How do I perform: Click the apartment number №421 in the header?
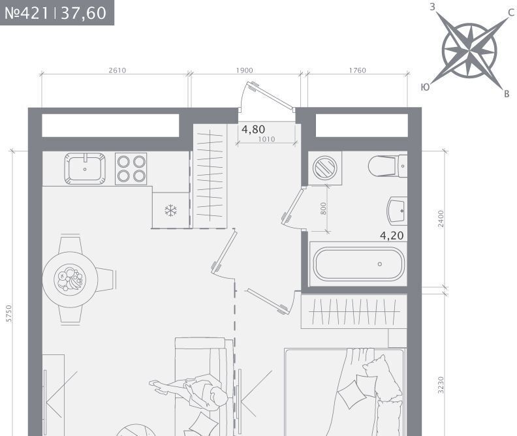[x=27, y=13]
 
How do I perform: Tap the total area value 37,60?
[x=84, y=13]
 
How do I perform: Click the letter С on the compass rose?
[x=510, y=12]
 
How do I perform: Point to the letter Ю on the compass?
[x=426, y=87]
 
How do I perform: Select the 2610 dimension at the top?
[x=117, y=70]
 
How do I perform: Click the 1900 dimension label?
[x=244, y=70]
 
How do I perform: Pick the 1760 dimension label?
[x=358, y=70]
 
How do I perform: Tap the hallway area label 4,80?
[x=253, y=129]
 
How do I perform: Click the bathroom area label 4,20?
[x=392, y=236]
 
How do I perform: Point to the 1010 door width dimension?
[x=266, y=139]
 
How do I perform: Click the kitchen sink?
[x=85, y=168]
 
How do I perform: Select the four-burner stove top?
[x=131, y=168]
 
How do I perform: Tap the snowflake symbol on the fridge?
[x=171, y=210]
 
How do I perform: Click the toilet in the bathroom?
[x=388, y=166]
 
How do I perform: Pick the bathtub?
[x=358, y=264]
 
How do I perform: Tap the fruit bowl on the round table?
[x=70, y=279]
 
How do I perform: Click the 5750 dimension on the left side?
[x=9, y=313]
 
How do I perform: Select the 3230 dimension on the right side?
[x=441, y=385]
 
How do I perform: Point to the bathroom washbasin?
[x=397, y=211]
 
